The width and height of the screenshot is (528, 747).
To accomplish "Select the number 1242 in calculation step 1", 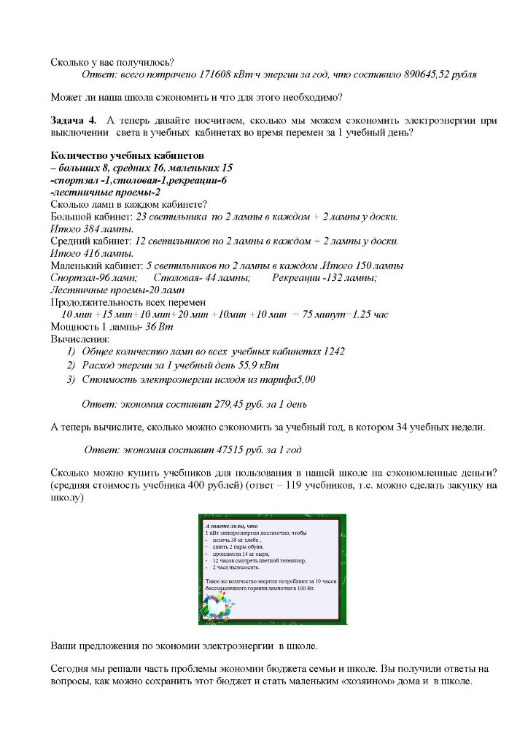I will [333, 351].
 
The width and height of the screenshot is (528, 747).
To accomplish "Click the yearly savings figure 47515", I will [222, 451].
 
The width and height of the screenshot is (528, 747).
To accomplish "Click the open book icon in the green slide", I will [218, 606].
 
